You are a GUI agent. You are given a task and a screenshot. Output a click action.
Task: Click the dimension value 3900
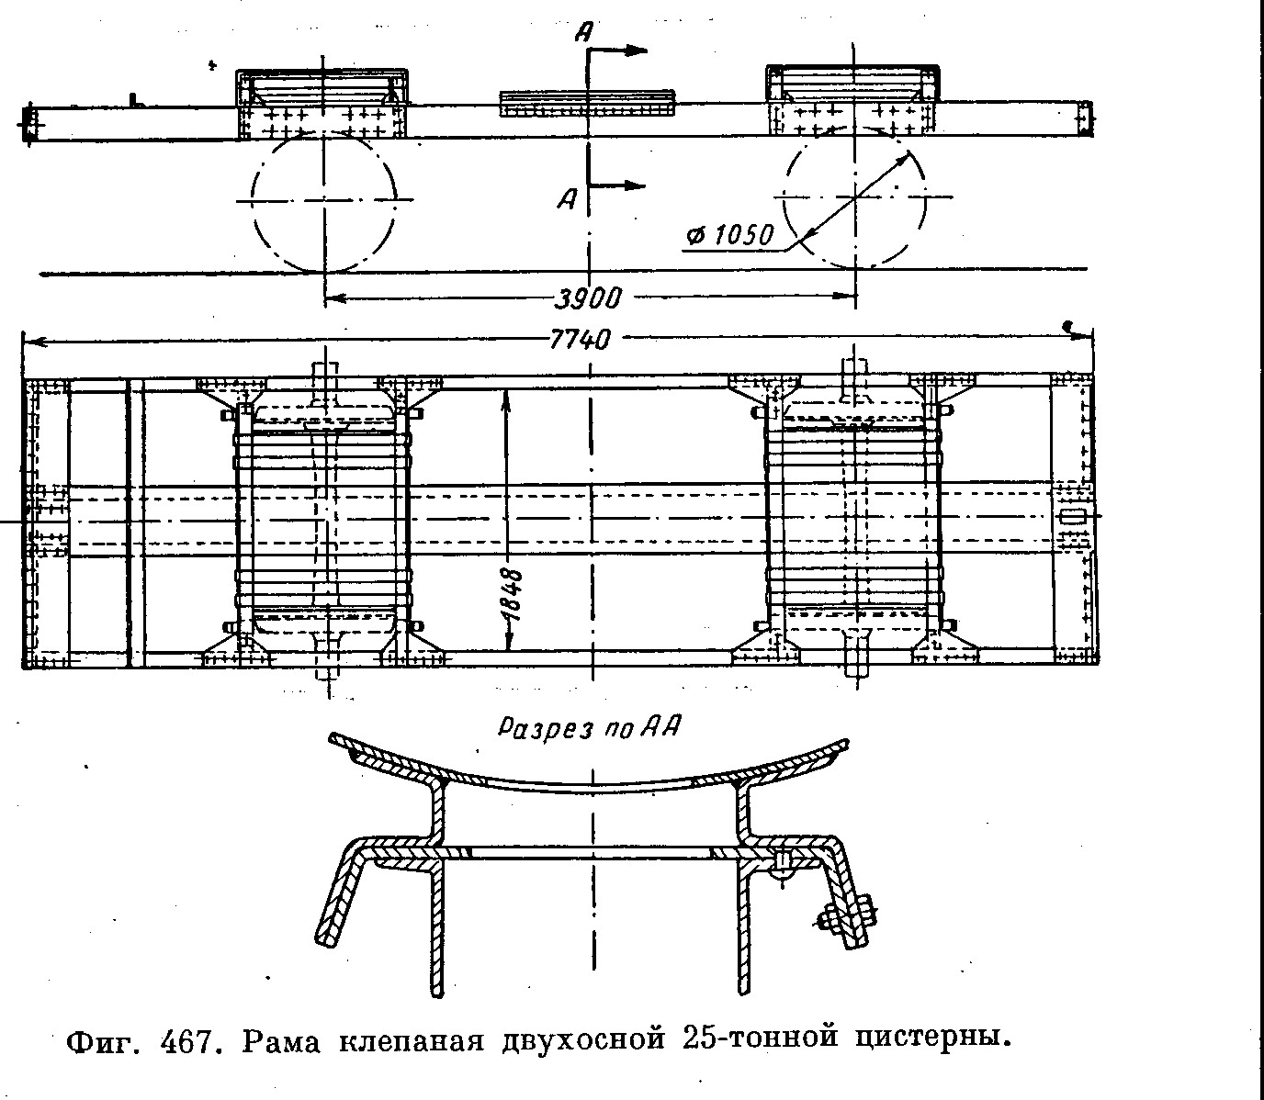pyautogui.click(x=589, y=297)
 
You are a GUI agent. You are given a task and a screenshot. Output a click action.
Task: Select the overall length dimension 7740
pyautogui.click(x=579, y=340)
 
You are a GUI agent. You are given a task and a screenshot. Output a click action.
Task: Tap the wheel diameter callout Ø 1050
pyautogui.click(x=729, y=236)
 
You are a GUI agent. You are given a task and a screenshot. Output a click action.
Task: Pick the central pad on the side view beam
pyautogui.click(x=587, y=102)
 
